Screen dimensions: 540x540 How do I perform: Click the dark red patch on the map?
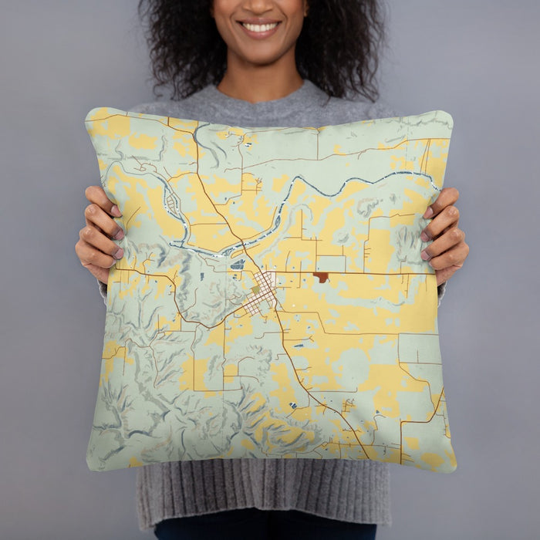coord(321,277)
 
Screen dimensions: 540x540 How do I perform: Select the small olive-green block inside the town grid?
coord(255,290)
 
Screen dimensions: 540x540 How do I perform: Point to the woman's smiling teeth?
coord(259,28)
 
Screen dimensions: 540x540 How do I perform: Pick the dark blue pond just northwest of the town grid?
coord(238,264)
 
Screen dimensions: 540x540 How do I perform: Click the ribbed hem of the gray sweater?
coord(262,494)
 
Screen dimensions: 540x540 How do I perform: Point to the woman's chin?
coord(259,52)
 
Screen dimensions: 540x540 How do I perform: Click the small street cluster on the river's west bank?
coord(171,203)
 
